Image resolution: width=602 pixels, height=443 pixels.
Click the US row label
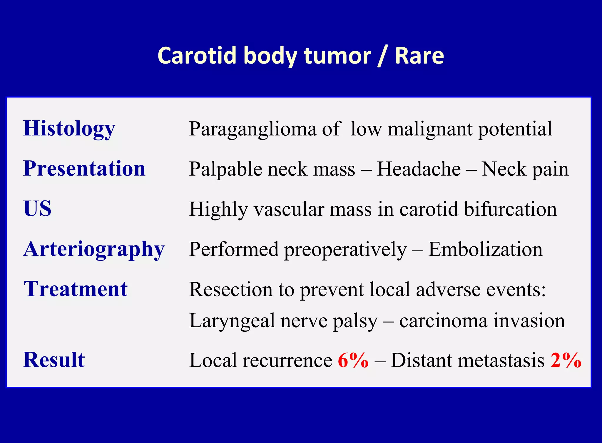[37, 208]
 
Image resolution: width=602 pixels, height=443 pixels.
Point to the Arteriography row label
[94, 249]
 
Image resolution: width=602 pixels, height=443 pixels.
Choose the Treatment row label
[76, 289]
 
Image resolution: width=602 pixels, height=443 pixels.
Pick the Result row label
[54, 360]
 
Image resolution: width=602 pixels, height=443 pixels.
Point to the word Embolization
[485, 249]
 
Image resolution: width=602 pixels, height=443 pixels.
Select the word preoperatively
[345, 250]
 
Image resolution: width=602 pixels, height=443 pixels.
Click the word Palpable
[225, 170]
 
